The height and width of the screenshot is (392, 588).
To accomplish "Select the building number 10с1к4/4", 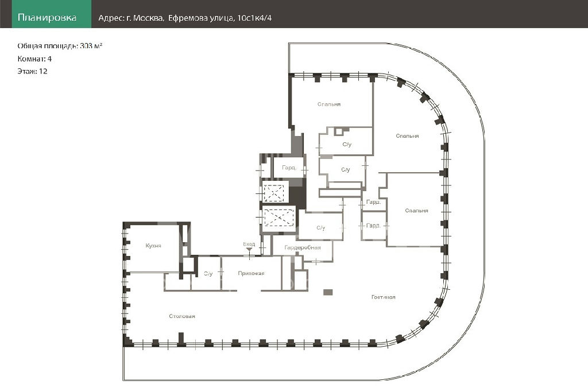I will coord(254,18).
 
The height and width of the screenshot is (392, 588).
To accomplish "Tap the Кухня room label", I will coord(153,245).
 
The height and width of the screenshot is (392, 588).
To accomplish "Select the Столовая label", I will coord(182,316).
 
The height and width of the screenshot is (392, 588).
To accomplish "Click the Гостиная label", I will coord(384,297).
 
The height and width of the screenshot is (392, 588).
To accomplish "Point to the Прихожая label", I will coord(252,273).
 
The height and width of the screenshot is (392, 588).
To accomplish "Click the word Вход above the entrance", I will coord(249,244).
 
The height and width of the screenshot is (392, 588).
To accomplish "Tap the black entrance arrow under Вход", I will coord(249,249).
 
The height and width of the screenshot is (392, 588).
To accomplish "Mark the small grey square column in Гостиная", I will coord(328,292).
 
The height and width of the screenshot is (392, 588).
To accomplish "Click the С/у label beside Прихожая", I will coord(207,273).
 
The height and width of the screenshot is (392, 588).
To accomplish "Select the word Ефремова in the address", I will coord(184,18).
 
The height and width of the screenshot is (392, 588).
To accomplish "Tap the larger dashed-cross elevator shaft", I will coord(278,218).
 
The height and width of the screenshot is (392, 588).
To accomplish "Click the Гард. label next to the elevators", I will coord(289,168).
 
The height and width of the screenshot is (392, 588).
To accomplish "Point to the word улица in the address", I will coord(219,18).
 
